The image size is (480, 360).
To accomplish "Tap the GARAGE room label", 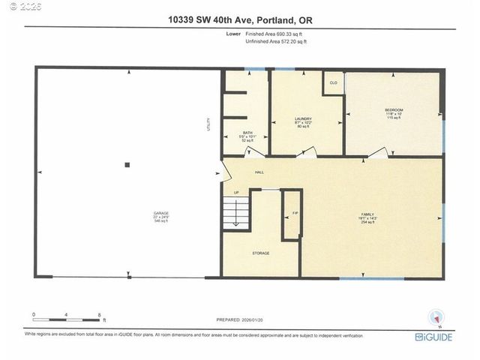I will [161, 214].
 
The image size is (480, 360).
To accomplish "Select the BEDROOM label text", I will [394, 110].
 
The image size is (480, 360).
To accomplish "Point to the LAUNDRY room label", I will [302, 119].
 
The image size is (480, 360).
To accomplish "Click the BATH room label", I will [247, 133].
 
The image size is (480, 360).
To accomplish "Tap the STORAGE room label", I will [260, 253].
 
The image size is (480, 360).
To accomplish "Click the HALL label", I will [259, 172].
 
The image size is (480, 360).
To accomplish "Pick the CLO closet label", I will [332, 82].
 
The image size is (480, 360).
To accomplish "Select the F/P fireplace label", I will [295, 214].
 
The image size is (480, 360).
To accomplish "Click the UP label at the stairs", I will [237, 193].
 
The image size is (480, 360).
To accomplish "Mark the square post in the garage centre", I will [127, 165].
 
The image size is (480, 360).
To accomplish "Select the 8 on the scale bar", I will [99, 313].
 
